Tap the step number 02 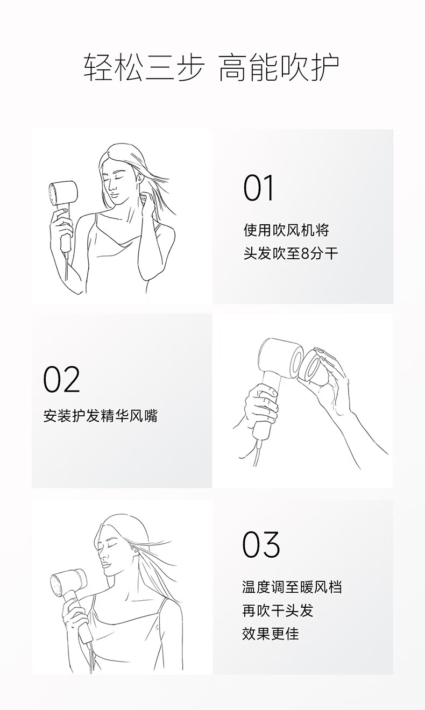pos(61,379)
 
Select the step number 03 pos(261,544)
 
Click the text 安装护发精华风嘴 pos(101,416)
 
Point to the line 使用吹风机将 pos(287,230)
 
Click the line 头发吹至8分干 pos(291,254)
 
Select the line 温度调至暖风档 pos(292,587)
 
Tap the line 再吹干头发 pos(278,610)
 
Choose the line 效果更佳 pos(271,634)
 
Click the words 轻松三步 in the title pos(143,68)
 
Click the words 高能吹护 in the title pos(279,68)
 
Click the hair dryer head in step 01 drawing pos(63,193)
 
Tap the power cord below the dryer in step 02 pos(257,451)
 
